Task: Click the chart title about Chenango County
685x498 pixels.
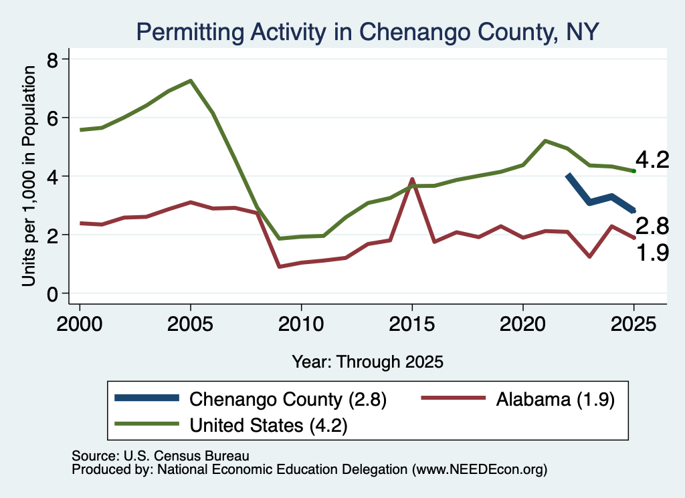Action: (x=367, y=32)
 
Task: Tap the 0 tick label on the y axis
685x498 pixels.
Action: (x=53, y=295)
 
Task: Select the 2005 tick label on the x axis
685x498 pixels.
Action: (x=190, y=324)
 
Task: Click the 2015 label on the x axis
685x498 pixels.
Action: (x=411, y=324)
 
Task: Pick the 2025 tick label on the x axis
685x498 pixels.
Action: (x=633, y=324)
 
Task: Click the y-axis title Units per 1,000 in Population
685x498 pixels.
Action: (x=29, y=176)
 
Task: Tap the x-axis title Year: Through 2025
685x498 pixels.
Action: (x=367, y=362)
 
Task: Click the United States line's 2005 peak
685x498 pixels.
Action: (x=191, y=81)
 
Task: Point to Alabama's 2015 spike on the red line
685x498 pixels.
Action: (x=411, y=179)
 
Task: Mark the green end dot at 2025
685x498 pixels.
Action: (x=633, y=170)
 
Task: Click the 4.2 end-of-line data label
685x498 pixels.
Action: (x=652, y=160)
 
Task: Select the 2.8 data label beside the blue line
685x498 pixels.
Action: (x=652, y=226)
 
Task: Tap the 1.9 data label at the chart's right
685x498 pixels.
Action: (x=652, y=253)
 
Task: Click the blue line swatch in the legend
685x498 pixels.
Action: (x=146, y=398)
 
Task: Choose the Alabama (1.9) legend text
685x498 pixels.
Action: (x=555, y=399)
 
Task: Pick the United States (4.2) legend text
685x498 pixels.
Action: (x=268, y=425)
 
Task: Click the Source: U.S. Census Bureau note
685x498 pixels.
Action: (x=161, y=456)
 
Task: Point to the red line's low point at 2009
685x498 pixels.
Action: (x=279, y=266)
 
